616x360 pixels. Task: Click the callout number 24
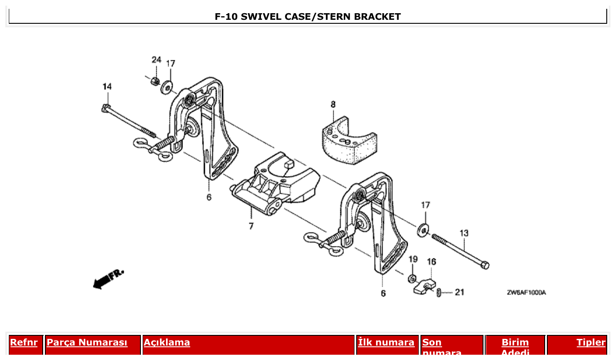click(x=156, y=59)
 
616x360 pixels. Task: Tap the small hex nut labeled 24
click(x=155, y=81)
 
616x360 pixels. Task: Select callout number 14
click(x=107, y=87)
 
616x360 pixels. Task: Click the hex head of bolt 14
click(x=105, y=108)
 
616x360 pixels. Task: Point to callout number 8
click(x=333, y=104)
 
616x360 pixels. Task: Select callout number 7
click(x=251, y=226)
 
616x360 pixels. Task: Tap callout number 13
click(x=464, y=233)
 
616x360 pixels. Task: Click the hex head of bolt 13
click(x=484, y=265)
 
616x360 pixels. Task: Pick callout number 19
click(x=413, y=259)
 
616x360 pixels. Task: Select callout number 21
click(x=459, y=292)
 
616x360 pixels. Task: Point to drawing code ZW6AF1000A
click(x=526, y=293)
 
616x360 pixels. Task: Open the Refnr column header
click(x=24, y=342)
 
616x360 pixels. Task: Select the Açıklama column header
click(x=167, y=342)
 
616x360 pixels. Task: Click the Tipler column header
click(x=591, y=342)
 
